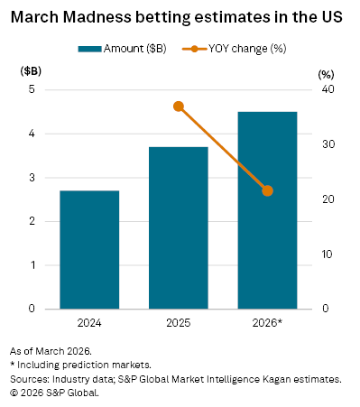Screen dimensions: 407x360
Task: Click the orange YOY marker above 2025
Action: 179,106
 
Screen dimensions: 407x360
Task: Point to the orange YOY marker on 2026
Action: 267,190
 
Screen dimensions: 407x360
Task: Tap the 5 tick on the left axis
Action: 32,89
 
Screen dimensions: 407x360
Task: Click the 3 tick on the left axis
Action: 32,177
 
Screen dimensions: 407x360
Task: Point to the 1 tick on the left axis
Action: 32,264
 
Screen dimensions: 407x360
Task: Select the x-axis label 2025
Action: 179,321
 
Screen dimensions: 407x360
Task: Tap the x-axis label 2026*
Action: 268,321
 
